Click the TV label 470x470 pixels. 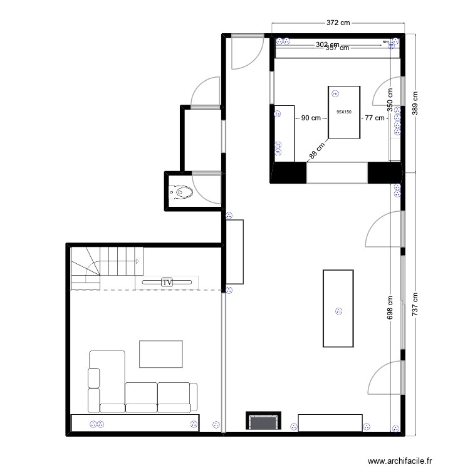coord(167,283)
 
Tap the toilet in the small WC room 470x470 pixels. coord(182,192)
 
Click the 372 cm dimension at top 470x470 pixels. coord(338,23)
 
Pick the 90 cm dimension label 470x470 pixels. coord(311,118)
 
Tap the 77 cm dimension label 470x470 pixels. coord(375,118)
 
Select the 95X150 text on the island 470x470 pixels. coord(344,112)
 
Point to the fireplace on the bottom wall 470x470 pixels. coord(263,422)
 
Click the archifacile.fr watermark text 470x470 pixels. coord(400,461)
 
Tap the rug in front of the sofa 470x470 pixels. coord(161,354)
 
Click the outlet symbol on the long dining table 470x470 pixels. coord(340,310)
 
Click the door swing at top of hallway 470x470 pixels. coord(246,53)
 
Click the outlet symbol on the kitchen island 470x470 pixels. coord(335,94)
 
